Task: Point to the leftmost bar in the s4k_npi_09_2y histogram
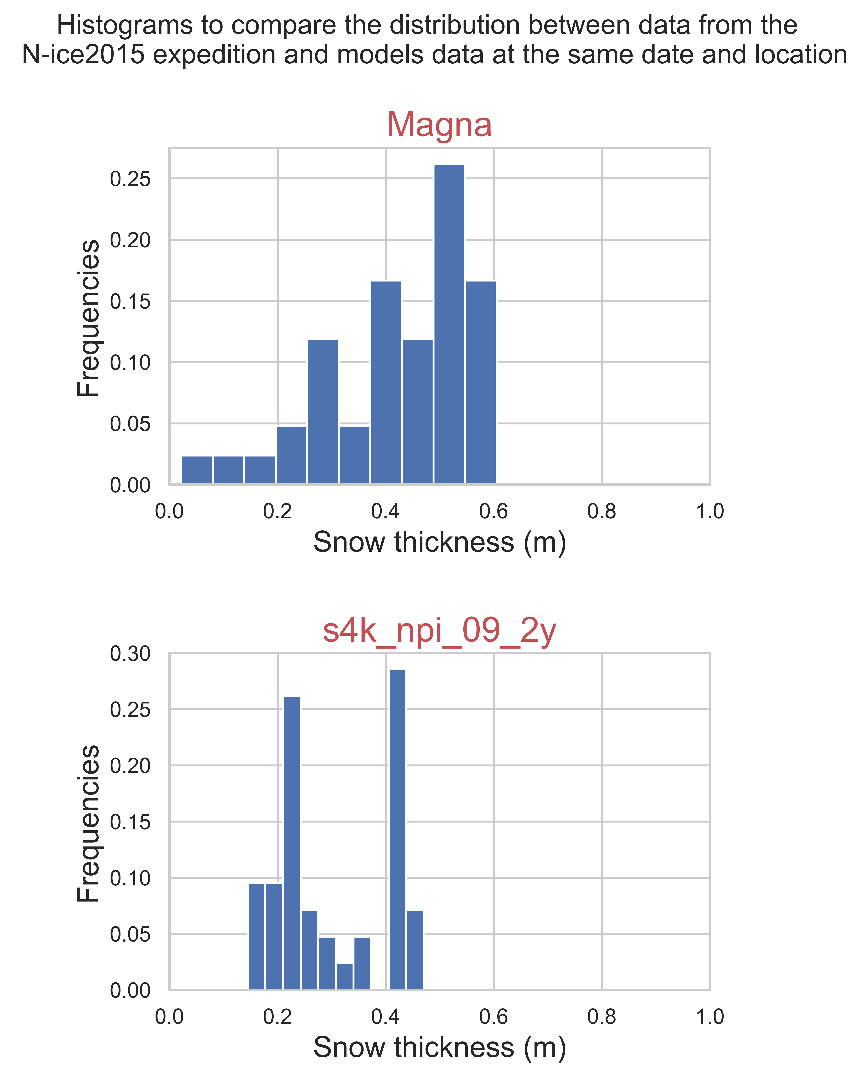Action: tap(256, 937)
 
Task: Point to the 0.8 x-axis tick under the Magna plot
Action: tap(602, 512)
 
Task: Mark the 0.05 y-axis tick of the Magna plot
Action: tap(130, 424)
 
